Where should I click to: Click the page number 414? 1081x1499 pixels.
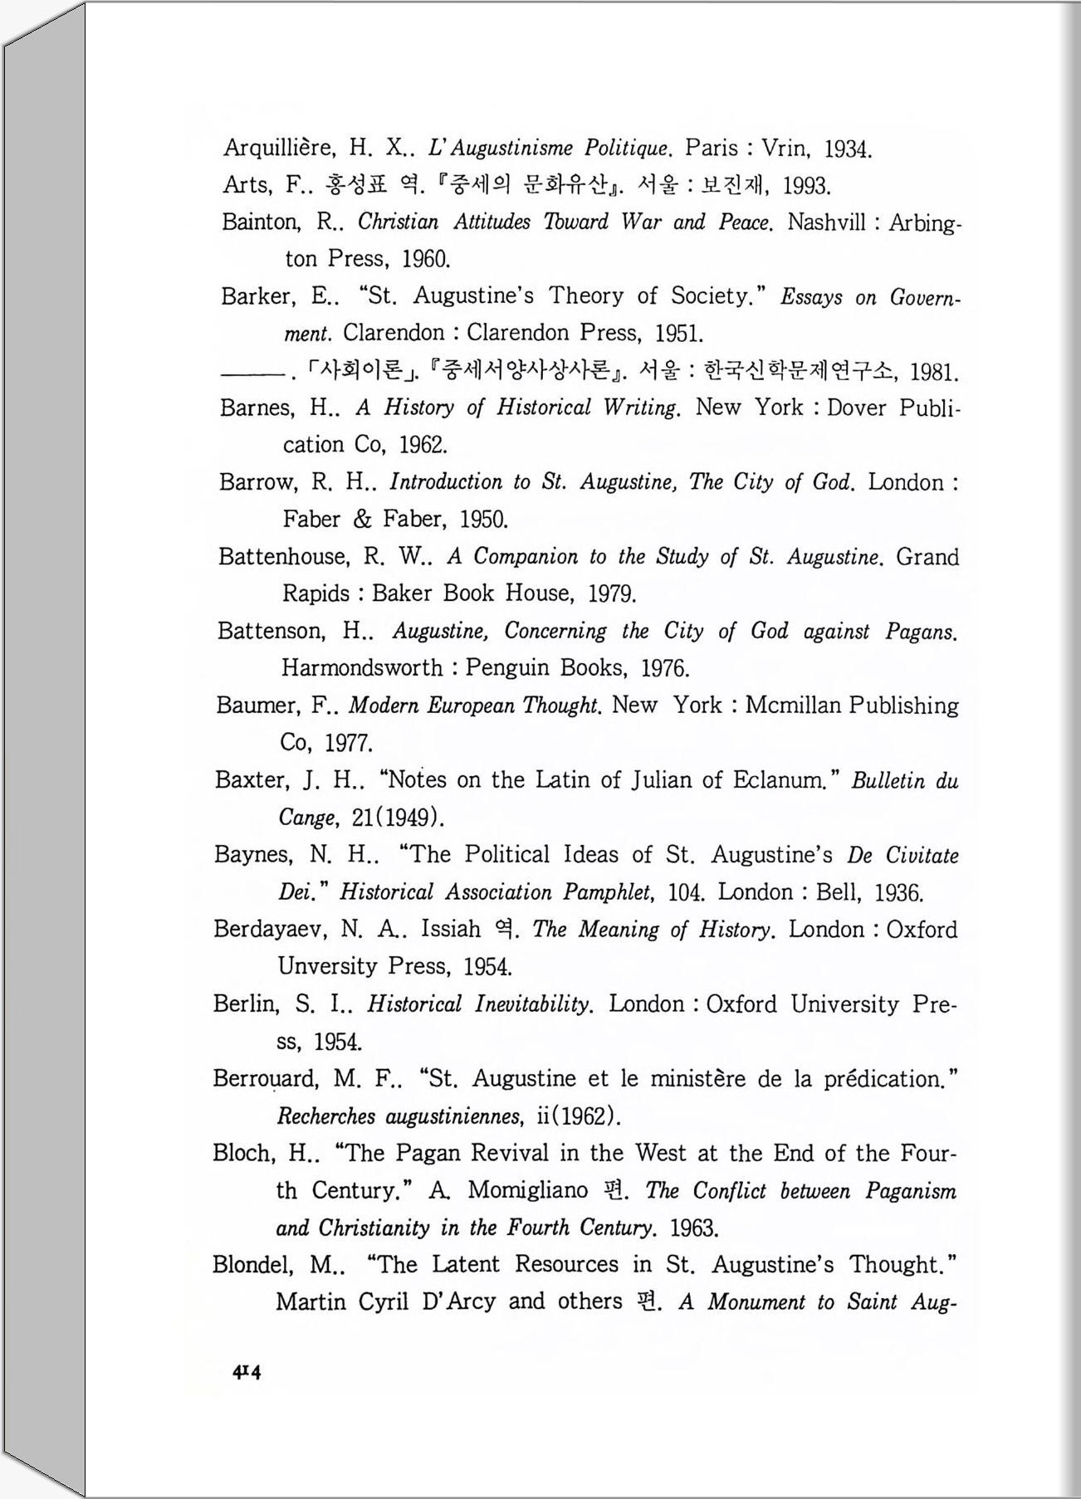(x=247, y=1372)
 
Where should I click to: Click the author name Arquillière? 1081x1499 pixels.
(x=278, y=149)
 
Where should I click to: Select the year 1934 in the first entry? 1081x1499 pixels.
(x=846, y=150)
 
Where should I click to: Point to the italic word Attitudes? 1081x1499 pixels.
(x=492, y=222)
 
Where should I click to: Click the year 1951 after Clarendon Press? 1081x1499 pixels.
(x=678, y=334)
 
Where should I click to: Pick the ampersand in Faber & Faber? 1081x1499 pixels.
(x=362, y=520)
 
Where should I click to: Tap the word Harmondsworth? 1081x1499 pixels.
(x=362, y=668)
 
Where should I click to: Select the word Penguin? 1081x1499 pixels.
(x=507, y=668)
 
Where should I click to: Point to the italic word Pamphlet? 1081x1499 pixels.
(x=607, y=892)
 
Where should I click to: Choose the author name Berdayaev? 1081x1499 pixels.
(x=271, y=930)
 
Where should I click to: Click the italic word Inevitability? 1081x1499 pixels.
(x=532, y=1004)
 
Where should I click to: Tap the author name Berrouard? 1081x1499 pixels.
(x=266, y=1079)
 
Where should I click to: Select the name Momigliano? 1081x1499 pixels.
(x=528, y=1190)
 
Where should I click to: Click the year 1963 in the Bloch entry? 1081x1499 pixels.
(x=693, y=1228)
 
